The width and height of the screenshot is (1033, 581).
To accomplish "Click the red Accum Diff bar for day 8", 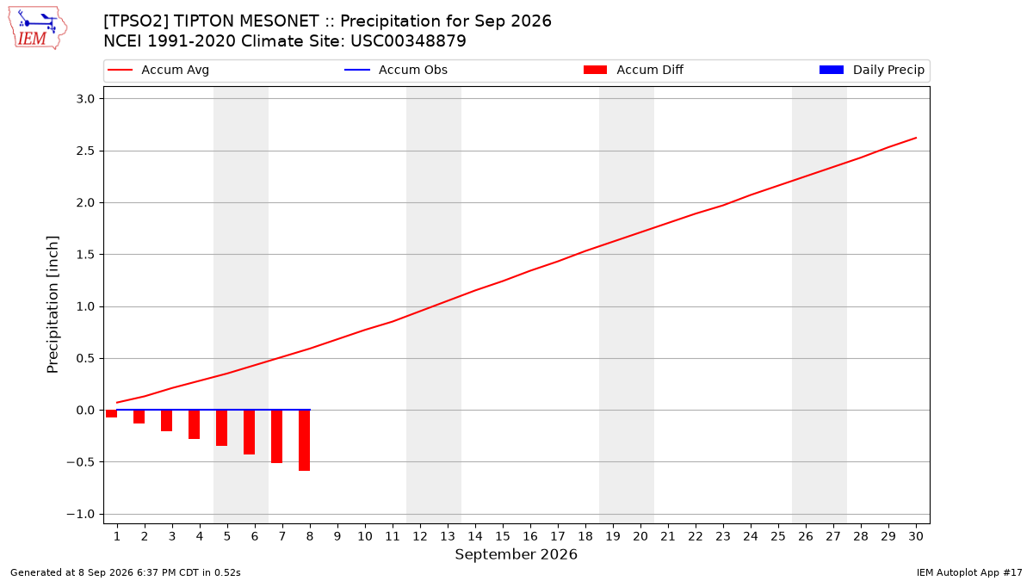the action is (x=305, y=441).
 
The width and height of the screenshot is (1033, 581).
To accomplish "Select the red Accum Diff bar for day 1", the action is (x=112, y=414).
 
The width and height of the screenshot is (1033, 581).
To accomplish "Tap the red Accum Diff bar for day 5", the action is (x=222, y=428).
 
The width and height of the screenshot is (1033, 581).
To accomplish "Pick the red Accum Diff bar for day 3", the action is (x=166, y=421).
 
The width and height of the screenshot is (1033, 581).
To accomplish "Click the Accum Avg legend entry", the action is (x=158, y=70).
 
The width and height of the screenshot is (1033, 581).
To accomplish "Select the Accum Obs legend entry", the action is (x=396, y=70).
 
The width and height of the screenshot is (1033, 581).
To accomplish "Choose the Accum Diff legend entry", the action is (x=634, y=70).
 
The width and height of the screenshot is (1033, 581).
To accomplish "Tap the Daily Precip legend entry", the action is (x=871, y=70).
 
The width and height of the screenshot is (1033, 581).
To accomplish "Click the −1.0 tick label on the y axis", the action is (x=81, y=514).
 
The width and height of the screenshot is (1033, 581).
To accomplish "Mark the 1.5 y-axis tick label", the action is (x=85, y=255).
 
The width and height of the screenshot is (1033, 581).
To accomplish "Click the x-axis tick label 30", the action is (x=916, y=536).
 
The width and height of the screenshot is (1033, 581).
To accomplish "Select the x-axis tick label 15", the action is (x=503, y=536).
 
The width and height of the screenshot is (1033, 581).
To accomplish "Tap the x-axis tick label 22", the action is (x=696, y=536).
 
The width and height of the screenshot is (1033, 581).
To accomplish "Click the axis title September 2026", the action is (x=516, y=554).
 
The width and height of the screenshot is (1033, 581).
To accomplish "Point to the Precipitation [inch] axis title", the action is (x=53, y=305).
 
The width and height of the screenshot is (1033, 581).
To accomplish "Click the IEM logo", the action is (x=38, y=28).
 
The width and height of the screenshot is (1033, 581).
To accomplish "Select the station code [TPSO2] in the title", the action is (x=136, y=22).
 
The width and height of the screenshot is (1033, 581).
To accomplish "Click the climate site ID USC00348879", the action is (x=408, y=41).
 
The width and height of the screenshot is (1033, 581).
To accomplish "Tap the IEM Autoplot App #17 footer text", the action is (x=969, y=572).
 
